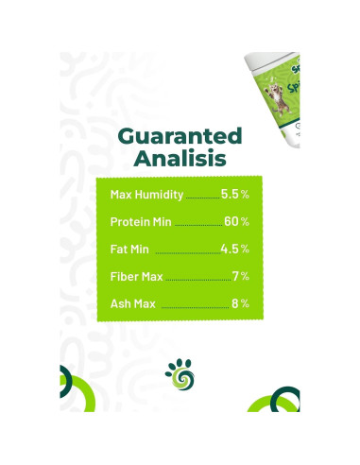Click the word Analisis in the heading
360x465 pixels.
(x=180, y=158)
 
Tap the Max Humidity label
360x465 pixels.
(x=146, y=195)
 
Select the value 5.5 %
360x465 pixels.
(x=234, y=195)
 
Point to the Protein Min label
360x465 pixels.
(x=142, y=222)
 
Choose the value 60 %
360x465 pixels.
(x=236, y=222)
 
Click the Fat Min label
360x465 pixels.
(x=130, y=250)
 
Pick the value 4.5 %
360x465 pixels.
(x=234, y=250)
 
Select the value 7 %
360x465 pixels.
(x=240, y=277)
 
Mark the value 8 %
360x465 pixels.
(x=240, y=304)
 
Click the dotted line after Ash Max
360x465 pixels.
(x=194, y=308)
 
